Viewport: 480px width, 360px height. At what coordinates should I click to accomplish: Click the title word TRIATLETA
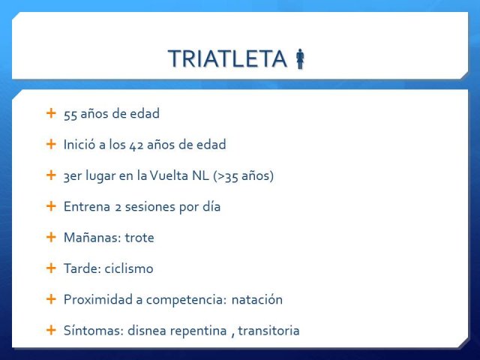[x=227, y=58]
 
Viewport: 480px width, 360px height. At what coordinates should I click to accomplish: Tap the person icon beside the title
[x=300, y=58]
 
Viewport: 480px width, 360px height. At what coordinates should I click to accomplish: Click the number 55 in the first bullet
[x=70, y=115]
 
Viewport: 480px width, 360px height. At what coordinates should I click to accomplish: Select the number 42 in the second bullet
[x=136, y=145]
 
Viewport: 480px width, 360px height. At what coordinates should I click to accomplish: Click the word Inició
[x=79, y=144]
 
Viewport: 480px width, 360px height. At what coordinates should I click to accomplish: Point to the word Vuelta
[x=169, y=175]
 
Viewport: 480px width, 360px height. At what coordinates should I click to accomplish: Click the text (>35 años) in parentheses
[x=243, y=175]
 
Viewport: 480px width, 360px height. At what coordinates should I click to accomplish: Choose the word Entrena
[x=87, y=207]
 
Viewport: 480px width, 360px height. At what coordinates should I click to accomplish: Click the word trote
[x=139, y=238]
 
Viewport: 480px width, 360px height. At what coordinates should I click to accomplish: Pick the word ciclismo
[x=129, y=268]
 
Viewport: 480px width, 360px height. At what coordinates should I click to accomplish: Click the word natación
[x=257, y=300]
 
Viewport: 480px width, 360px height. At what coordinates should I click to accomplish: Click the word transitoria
[x=268, y=331]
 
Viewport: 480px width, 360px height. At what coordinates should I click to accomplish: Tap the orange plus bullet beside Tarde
[x=51, y=268]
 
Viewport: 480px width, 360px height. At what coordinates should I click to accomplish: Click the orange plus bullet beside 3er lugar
[x=51, y=175]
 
